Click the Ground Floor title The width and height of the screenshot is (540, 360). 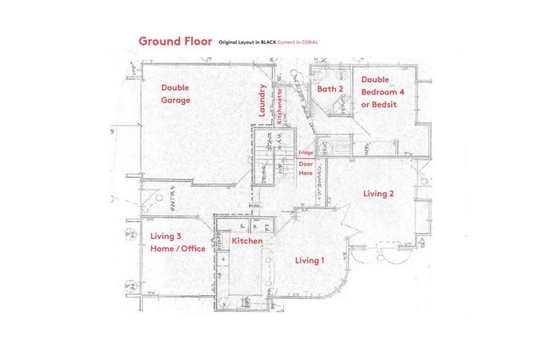174,41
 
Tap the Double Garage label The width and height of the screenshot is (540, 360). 175,94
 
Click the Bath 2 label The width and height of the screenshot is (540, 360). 329,89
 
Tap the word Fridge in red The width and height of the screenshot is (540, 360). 305,153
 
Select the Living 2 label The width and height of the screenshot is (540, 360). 378,193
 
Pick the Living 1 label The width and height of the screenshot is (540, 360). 309,261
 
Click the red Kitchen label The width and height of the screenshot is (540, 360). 247,241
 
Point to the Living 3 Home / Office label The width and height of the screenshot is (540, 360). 177,243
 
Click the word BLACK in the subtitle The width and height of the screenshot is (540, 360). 269,42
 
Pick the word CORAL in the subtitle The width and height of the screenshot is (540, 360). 309,42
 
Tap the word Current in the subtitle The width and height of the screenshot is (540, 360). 287,42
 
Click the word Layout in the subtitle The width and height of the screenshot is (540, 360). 247,42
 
